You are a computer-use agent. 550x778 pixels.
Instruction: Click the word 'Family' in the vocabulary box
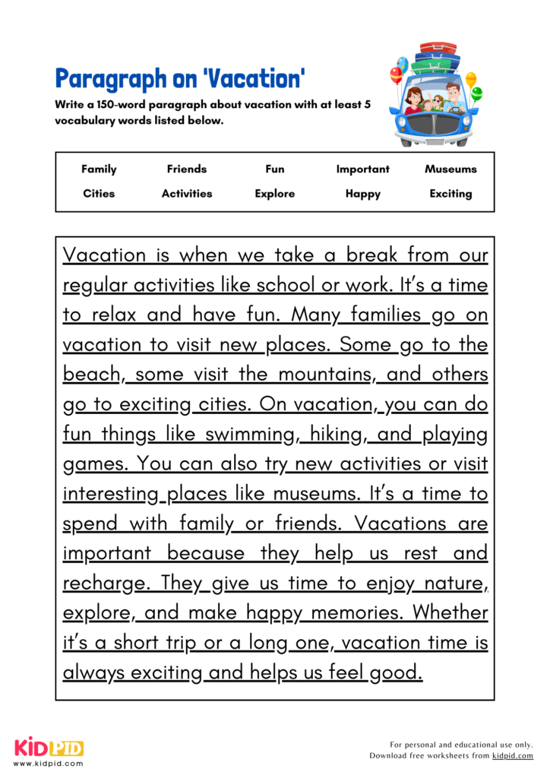click(99, 169)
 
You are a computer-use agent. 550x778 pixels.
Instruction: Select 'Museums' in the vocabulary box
click(450, 169)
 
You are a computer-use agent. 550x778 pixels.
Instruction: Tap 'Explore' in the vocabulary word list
click(274, 194)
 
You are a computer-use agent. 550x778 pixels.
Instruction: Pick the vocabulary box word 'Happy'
click(362, 194)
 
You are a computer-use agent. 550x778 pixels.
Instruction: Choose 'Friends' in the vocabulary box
click(187, 169)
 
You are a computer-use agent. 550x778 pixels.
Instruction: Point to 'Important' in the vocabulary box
click(362, 169)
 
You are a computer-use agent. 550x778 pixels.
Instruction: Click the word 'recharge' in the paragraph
click(103, 583)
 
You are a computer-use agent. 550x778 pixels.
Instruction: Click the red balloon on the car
click(396, 74)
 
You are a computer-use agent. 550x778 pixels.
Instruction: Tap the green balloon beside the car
click(476, 93)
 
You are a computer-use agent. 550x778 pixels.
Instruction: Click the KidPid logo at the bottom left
click(48, 748)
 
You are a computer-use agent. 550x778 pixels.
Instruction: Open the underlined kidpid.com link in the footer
click(512, 756)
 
